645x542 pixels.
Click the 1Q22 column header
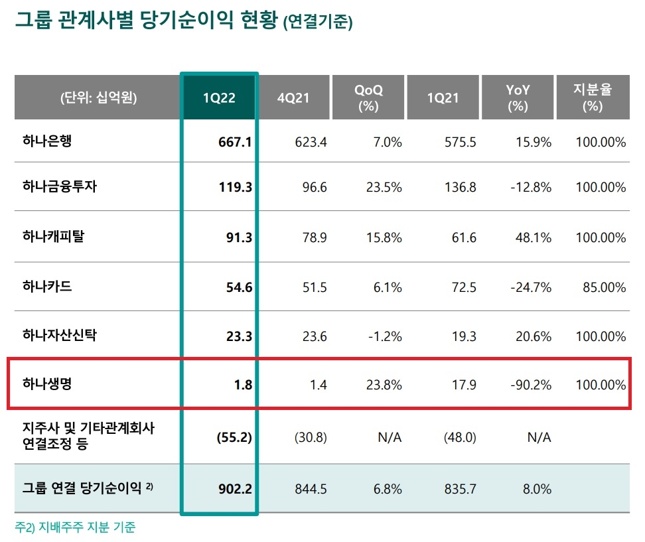coord(219,98)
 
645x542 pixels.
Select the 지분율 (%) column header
coord(592,98)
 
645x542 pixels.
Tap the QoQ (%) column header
coord(368,98)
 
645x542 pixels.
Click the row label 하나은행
coord(47,141)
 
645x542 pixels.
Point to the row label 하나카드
coord(47,287)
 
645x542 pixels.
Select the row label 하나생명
coord(47,384)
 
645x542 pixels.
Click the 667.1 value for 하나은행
coord(235,142)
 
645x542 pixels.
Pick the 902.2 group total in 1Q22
coord(235,489)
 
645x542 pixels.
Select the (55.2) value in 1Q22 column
coord(233,437)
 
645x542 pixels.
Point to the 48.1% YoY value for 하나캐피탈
coord(535,237)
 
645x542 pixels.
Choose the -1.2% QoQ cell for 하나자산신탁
coord(385,336)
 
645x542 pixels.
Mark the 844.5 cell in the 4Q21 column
coord(311,489)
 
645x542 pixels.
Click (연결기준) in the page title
coord(317,23)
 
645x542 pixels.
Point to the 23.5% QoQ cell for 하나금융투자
coord(384,187)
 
